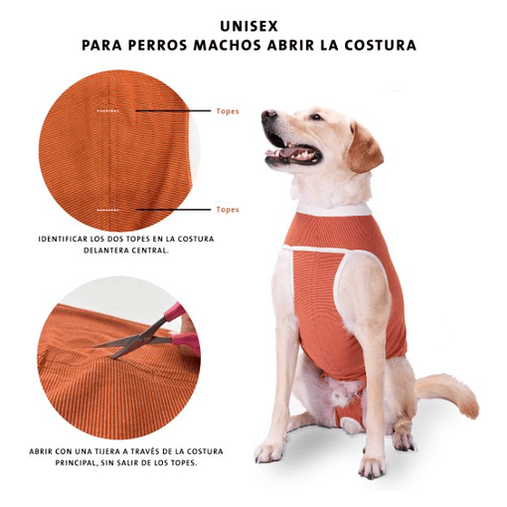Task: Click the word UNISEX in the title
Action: coord(249,27)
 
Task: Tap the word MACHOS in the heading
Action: coord(228,46)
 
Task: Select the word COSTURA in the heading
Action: coord(380,46)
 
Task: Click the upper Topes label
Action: coord(228,111)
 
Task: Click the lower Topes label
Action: coord(228,210)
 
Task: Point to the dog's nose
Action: coord(268,116)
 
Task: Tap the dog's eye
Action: coord(316,117)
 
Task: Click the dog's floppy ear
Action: coord(363,147)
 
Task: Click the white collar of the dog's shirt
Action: coord(333,210)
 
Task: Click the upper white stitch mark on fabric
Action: coord(107,110)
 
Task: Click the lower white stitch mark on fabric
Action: coord(107,210)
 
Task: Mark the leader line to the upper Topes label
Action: coord(173,110)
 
